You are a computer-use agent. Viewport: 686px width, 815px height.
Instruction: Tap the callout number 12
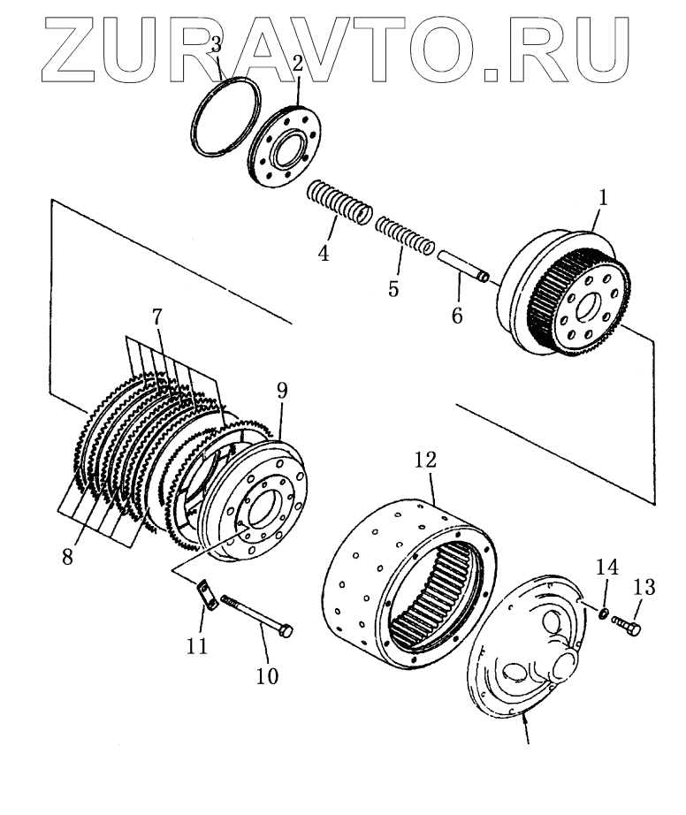pos(426,461)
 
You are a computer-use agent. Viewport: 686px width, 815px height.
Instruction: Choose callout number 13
pos(644,586)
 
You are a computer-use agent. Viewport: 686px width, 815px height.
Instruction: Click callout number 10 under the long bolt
pos(266,676)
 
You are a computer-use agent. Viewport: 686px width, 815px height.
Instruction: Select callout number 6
pos(456,314)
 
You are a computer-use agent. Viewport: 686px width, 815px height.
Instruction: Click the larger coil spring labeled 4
pos(340,205)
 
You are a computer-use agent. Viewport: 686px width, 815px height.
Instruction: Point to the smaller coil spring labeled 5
pos(403,236)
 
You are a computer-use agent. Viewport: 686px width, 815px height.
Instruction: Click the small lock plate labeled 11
pos(208,593)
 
